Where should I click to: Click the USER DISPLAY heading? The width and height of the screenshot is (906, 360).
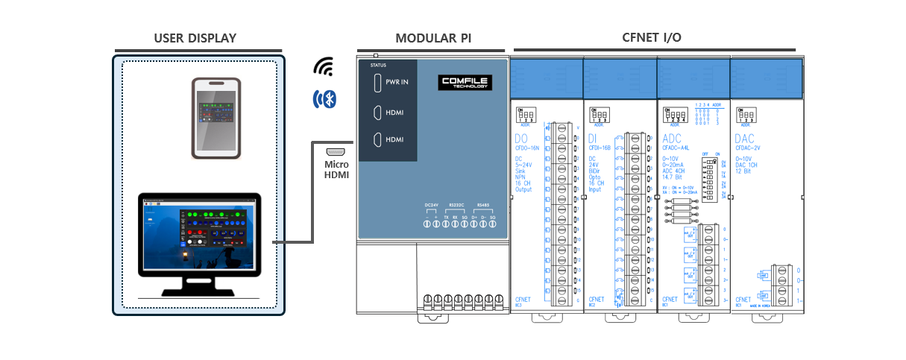click(x=195, y=38)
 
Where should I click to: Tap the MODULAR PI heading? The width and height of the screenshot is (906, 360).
click(x=432, y=38)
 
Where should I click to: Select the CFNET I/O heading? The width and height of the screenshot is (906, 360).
click(x=651, y=37)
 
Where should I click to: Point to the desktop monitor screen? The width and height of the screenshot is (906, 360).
click(x=199, y=233)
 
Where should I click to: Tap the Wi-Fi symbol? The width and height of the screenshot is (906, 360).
click(x=323, y=67)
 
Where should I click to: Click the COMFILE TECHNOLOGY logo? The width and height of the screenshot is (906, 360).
click(x=465, y=82)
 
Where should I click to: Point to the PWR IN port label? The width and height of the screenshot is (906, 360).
click(x=396, y=82)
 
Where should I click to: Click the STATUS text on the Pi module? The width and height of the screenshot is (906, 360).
click(x=378, y=66)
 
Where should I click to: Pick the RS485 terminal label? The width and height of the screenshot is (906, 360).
click(x=484, y=205)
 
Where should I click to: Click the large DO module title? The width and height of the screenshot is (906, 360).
click(x=520, y=139)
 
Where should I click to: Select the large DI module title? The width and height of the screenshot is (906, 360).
click(x=594, y=139)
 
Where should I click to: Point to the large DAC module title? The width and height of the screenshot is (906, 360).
click(x=745, y=139)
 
